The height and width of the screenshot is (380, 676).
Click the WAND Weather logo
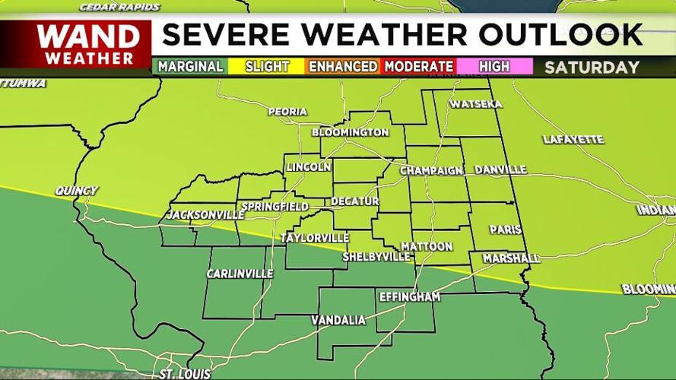[88, 44]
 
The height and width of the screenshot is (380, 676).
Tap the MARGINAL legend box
[190, 66]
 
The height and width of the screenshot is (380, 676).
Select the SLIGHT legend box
[266, 66]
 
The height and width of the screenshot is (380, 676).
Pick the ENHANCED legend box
[342, 66]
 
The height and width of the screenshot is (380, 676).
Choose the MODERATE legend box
[418, 66]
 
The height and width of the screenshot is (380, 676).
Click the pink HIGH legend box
[494, 66]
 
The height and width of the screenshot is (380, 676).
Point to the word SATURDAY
[592, 67]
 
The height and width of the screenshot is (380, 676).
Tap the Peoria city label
[287, 112]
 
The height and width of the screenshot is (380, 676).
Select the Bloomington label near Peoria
[350, 132]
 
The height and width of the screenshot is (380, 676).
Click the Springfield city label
[275, 207]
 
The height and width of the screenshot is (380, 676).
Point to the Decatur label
[354, 201]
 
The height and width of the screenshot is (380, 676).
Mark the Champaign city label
[431, 170]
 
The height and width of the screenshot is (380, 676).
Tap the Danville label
[500, 169]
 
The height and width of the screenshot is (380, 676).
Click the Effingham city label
[409, 296]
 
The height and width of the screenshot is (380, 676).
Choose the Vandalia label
[338, 320]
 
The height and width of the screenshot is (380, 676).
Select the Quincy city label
[76, 191]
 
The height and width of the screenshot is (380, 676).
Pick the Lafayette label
[573, 140]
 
